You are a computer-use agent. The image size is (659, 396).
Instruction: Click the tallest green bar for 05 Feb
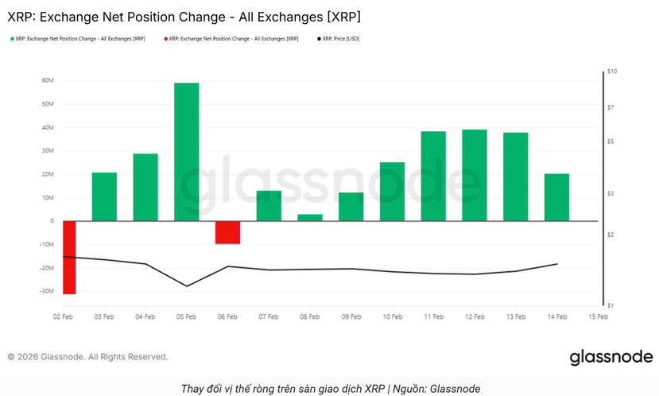[x=186, y=151]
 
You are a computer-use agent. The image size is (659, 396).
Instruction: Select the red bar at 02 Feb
[x=68, y=257]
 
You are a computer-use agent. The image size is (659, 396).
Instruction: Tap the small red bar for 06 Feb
[x=227, y=232]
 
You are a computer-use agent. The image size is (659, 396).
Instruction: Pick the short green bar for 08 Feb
[x=309, y=217]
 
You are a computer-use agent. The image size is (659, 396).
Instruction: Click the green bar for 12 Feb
[x=474, y=175]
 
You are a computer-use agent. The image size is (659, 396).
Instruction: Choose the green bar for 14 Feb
[x=556, y=196]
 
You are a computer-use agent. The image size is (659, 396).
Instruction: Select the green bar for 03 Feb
[x=104, y=196]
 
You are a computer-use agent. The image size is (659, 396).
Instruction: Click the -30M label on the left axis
[x=45, y=292]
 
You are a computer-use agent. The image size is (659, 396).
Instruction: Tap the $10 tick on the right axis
[x=611, y=72]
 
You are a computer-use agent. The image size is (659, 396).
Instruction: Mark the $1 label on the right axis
[x=610, y=305]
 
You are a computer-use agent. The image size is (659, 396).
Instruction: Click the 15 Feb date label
[x=598, y=316]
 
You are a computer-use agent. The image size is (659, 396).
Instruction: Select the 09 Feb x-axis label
[x=351, y=316]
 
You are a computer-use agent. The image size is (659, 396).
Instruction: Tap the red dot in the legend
[x=165, y=38]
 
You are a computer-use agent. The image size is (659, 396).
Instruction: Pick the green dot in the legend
[x=11, y=38]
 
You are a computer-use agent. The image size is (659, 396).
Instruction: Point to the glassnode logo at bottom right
[x=611, y=357]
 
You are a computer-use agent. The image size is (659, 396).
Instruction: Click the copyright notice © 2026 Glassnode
[x=87, y=357]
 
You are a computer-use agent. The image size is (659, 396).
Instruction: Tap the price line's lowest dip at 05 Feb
[x=187, y=286]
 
